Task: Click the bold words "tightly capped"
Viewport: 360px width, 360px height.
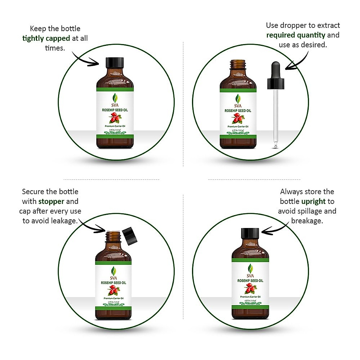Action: [46, 38]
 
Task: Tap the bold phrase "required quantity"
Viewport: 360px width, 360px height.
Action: [296, 35]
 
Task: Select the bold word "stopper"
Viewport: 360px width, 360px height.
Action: [51, 202]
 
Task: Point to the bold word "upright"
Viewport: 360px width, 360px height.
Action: [313, 202]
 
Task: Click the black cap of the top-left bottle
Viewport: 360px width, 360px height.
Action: [115, 63]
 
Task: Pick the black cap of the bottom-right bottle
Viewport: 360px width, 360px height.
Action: [250, 233]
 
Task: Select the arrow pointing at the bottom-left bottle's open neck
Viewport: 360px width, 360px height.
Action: [91, 226]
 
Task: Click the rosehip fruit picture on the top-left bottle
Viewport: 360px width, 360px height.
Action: [115, 119]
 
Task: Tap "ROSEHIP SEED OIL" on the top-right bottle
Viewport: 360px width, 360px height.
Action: [238, 111]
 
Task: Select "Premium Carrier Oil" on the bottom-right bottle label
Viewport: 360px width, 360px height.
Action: [250, 297]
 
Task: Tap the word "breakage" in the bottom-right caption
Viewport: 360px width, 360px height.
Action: [307, 221]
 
